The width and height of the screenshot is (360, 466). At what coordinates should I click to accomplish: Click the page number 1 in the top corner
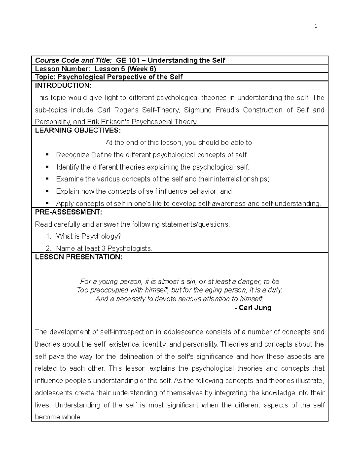click(x=316, y=26)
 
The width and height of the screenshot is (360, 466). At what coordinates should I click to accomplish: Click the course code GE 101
click(x=129, y=60)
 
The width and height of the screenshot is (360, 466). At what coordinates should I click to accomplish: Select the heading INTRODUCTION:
click(x=63, y=86)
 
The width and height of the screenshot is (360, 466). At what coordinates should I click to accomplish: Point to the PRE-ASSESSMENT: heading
click(x=69, y=212)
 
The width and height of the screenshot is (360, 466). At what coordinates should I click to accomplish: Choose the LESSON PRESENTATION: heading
click(x=79, y=257)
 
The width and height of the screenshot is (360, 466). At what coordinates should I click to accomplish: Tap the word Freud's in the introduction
click(x=228, y=110)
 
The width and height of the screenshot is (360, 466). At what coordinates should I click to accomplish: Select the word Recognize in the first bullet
click(x=73, y=155)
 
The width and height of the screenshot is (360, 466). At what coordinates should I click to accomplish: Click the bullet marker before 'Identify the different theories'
click(x=47, y=167)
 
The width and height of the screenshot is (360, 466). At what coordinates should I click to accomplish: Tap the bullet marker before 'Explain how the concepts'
click(x=47, y=191)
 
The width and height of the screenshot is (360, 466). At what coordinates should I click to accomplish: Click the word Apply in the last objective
click(x=64, y=204)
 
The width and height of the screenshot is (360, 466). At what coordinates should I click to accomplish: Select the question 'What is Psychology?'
click(x=89, y=236)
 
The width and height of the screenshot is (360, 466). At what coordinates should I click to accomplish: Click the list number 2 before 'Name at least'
click(x=48, y=248)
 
